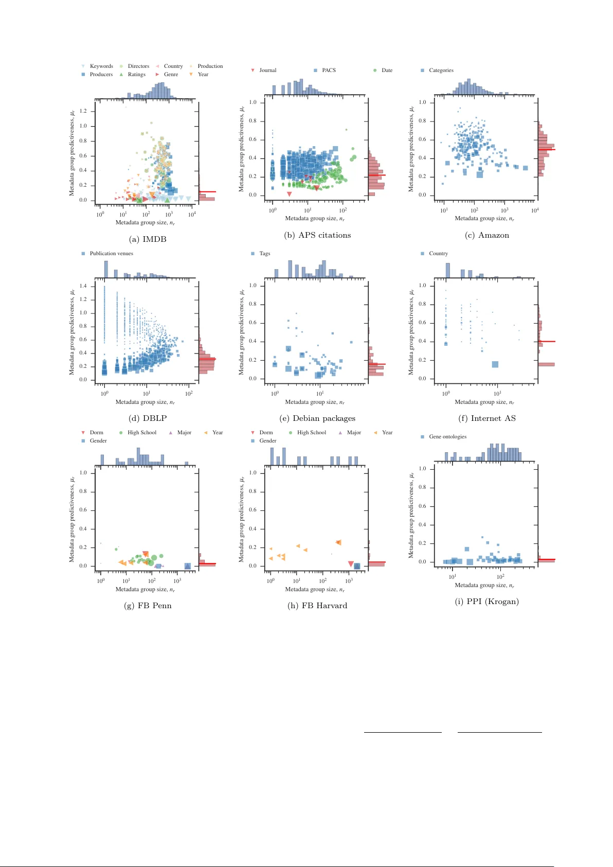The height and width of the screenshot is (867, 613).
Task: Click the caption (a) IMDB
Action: [148, 239]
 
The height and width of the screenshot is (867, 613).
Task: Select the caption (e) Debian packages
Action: [317, 418]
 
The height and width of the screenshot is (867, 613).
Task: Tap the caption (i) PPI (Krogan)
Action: [486, 601]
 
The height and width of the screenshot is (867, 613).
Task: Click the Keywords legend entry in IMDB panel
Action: [101, 66]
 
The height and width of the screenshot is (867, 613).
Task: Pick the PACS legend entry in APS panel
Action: [328, 70]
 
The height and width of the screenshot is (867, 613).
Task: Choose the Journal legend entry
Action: [267, 70]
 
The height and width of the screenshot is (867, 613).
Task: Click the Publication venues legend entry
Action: [111, 254]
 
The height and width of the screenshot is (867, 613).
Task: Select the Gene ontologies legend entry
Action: [447, 437]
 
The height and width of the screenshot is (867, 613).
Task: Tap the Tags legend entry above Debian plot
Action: [264, 254]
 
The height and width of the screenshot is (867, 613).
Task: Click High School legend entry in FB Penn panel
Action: [141, 433]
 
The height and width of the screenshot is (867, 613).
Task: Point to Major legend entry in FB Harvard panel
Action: [353, 433]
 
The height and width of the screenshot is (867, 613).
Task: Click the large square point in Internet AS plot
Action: [495, 364]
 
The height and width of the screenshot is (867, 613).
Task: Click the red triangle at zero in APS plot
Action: [290, 194]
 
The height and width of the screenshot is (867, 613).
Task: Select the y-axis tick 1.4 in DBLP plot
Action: [83, 286]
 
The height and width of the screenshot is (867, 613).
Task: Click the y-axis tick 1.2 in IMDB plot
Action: [83, 111]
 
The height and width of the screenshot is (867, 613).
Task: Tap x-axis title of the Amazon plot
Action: [484, 219]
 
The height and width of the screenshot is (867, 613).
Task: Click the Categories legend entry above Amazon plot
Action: [441, 70]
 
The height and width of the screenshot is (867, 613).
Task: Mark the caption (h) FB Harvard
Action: [317, 606]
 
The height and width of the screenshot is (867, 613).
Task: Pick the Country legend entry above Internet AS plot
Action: [438, 254]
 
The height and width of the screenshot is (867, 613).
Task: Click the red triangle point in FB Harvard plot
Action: [351, 564]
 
